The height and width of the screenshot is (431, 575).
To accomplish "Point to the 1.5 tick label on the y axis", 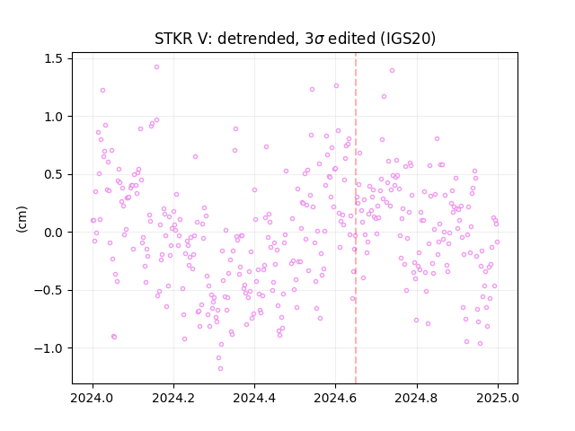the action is [53, 58].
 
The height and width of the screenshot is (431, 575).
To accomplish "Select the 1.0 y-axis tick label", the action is [53, 117].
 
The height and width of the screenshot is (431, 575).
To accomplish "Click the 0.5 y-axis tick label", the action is [53, 174].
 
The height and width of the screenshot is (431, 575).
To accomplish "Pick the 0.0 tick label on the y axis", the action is [53, 233].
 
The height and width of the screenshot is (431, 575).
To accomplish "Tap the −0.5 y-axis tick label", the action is [49, 290].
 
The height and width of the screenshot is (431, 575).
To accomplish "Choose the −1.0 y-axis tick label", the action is [49, 348].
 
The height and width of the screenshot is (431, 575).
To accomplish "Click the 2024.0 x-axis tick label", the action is [93, 398].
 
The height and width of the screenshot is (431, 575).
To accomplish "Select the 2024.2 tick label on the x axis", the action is [173, 398].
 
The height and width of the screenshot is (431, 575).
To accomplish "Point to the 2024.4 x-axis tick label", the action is [254, 398].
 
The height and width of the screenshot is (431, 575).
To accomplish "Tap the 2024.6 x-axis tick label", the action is [335, 398].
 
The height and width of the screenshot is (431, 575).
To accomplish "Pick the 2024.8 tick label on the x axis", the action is [417, 398].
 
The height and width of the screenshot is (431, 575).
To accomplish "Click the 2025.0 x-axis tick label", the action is [498, 398].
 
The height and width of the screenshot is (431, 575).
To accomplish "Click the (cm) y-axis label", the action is [22, 219].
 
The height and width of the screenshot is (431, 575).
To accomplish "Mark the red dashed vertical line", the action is [356, 218].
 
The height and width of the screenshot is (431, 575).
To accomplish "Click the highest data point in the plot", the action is [156, 67].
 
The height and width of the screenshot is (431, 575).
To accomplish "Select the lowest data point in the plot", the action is [220, 369].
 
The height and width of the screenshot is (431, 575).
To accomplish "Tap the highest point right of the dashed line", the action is [392, 70].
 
